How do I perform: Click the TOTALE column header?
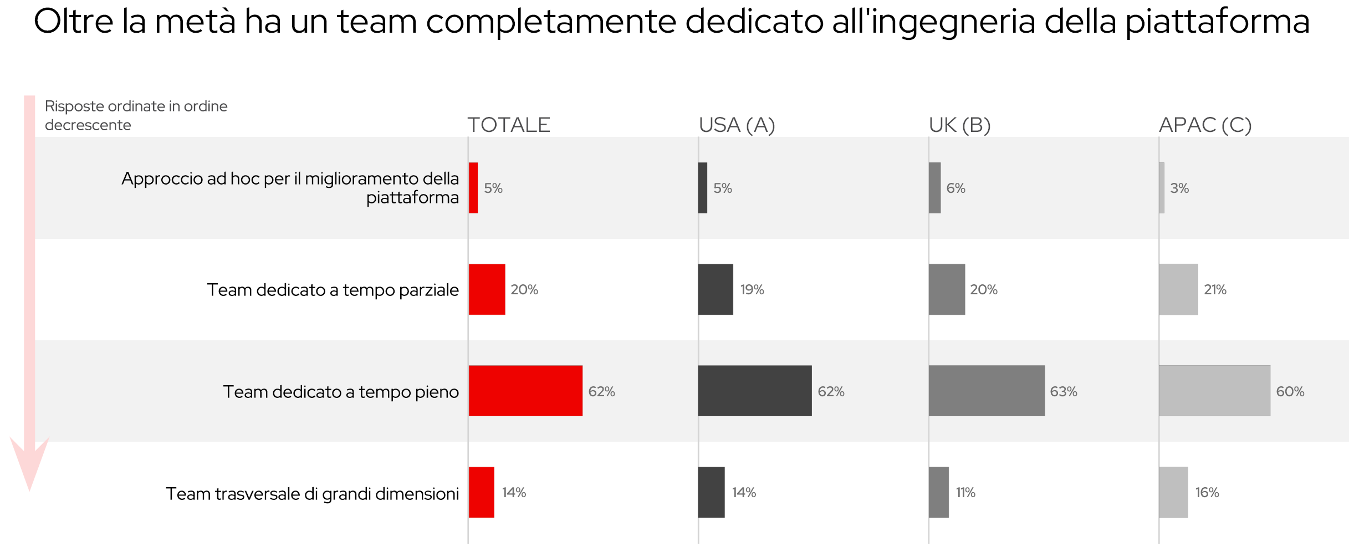[x=509, y=125]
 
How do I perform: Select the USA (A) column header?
[x=737, y=125]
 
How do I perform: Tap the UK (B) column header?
[x=959, y=125]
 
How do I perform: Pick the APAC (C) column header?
[x=1205, y=125]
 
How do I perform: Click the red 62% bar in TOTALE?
[x=525, y=391]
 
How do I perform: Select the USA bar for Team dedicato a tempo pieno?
[x=755, y=391]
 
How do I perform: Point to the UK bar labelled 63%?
[x=987, y=391]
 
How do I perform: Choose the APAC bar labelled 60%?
[x=1214, y=391]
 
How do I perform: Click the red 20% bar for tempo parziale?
[x=487, y=289]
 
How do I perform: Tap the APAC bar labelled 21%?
[x=1178, y=289]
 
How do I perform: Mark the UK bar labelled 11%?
[x=939, y=492]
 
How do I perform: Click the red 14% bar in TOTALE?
[x=481, y=492]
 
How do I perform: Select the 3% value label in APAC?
[x=1179, y=188]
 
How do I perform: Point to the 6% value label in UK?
[x=955, y=188]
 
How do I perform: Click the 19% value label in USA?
[x=752, y=290]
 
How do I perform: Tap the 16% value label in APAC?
[x=1207, y=493]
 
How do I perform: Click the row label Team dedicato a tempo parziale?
[x=333, y=290]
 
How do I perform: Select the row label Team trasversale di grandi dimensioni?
[x=312, y=493]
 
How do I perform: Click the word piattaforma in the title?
[x=1217, y=22]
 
